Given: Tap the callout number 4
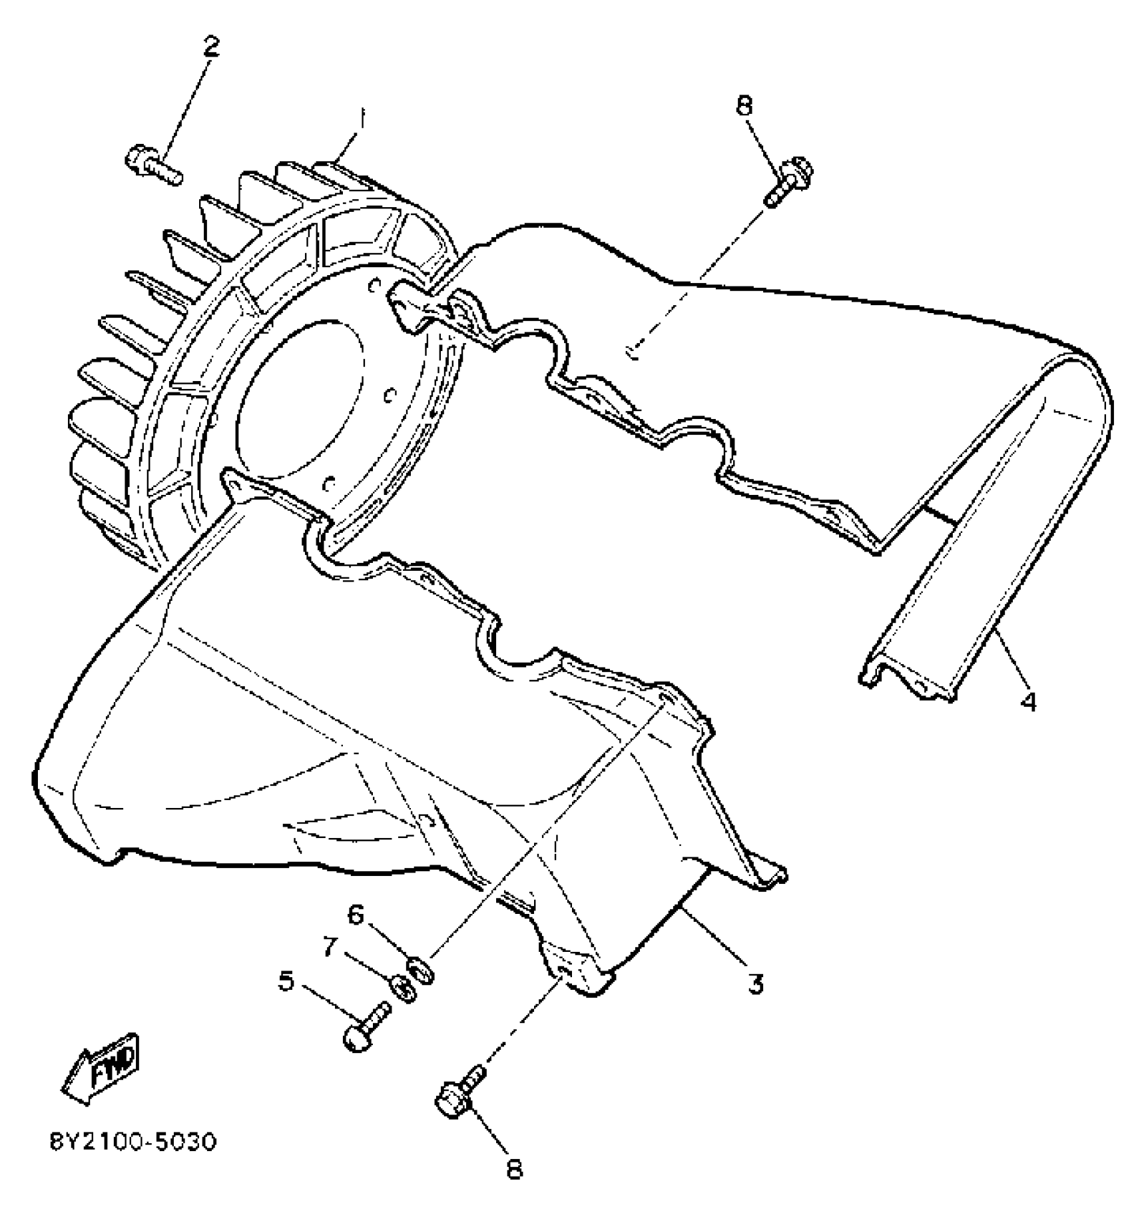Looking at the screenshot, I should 1029,701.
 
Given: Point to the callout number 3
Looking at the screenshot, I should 755,984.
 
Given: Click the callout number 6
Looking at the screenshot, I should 356,915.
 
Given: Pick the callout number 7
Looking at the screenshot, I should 330,946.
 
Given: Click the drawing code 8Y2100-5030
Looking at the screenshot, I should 133,1142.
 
